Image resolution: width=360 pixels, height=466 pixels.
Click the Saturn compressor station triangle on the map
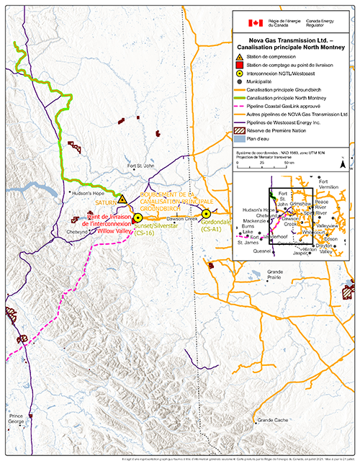[122, 198]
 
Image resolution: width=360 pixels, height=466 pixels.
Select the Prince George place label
[17, 419]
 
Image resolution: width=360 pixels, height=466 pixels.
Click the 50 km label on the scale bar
[290, 163]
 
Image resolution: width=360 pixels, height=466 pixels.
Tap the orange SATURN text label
[106, 204]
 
